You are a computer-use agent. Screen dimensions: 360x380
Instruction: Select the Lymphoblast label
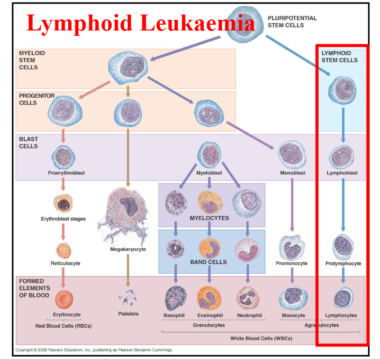(x=342, y=173)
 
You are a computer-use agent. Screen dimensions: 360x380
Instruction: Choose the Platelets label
(x=128, y=314)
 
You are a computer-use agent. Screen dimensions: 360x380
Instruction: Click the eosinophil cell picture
(x=209, y=298)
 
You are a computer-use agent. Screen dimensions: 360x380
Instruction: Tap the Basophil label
(x=174, y=315)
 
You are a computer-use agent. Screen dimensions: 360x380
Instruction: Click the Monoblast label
(x=292, y=173)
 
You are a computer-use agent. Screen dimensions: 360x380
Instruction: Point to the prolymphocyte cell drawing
(x=343, y=246)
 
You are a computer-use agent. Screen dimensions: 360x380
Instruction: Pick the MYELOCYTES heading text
(x=210, y=218)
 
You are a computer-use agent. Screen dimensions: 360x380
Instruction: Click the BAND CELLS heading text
(x=208, y=262)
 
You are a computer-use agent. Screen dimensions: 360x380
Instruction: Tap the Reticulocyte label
(x=65, y=263)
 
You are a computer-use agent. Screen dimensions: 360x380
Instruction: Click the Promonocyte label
(x=291, y=264)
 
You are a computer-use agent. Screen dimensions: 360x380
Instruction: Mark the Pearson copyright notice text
(x=94, y=350)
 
